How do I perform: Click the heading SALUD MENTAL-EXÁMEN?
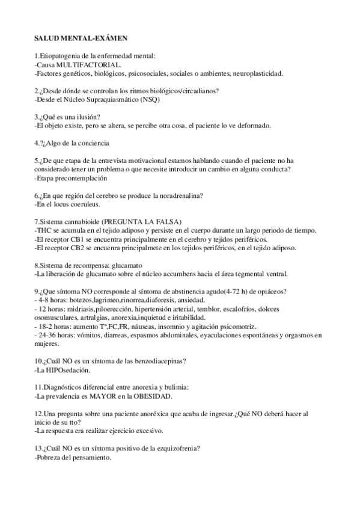[81, 38]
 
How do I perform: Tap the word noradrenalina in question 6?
[177, 196]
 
